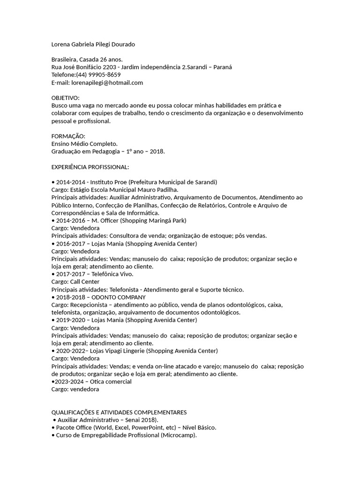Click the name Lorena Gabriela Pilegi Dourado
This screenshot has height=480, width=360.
(93, 44)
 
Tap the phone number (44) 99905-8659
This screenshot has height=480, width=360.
(98, 75)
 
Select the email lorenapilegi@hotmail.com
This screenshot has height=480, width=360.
(107, 82)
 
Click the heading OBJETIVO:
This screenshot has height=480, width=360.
(65, 97)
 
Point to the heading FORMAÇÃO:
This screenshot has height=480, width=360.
(68, 136)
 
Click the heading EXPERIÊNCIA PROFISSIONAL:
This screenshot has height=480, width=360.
(90, 167)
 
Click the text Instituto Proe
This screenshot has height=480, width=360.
(109, 182)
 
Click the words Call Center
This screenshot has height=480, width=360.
(84, 282)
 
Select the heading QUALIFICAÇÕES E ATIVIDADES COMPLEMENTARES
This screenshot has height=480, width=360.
(119, 412)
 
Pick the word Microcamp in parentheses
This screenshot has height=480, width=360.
(179, 435)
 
